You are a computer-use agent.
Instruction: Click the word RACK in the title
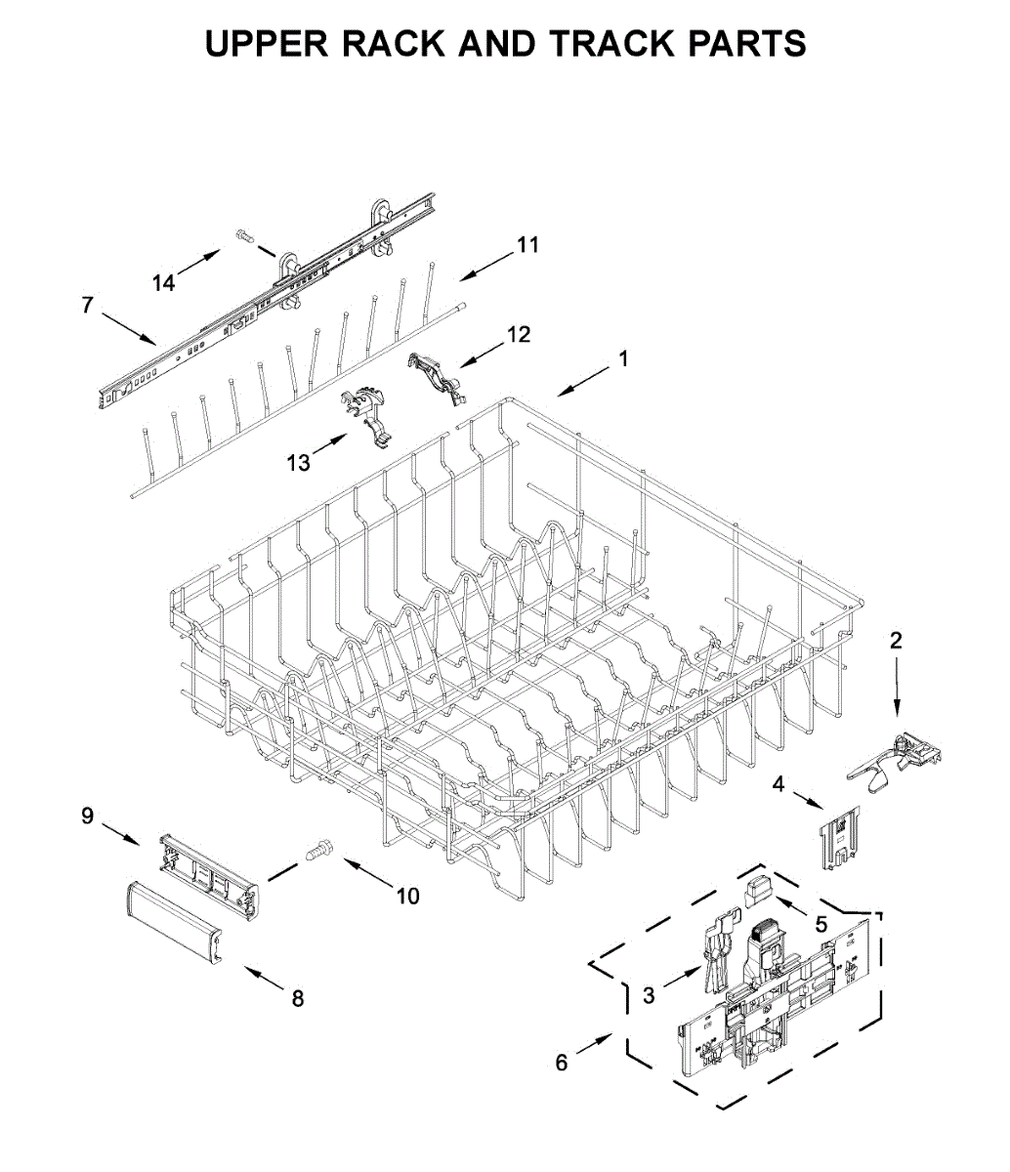coord(381,44)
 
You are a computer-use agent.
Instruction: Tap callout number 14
coord(163,282)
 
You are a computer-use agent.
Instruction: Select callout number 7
coord(87,306)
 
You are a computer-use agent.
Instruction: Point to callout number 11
coord(527,244)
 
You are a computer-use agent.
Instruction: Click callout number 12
coord(519,334)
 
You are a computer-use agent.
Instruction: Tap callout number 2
coord(896,641)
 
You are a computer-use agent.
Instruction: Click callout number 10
coord(407,895)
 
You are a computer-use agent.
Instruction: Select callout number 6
coord(561,1063)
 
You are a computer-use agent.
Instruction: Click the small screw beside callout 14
coord(244,234)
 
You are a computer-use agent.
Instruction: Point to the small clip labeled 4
coord(839,836)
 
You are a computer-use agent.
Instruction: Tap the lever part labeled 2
coord(895,758)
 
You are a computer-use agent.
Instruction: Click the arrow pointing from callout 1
coord(583,382)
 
